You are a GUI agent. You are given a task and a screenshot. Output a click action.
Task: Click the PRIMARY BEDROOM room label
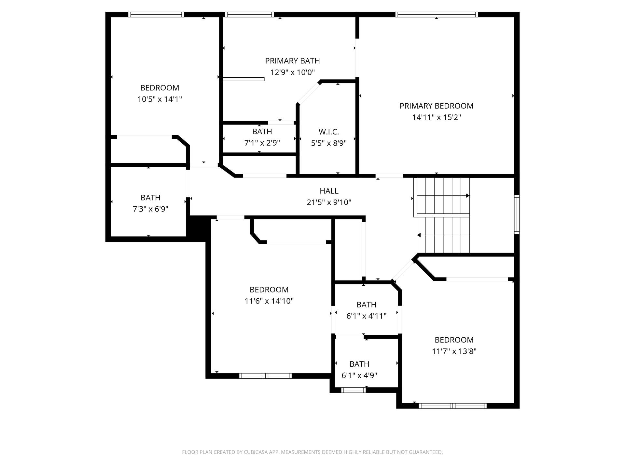click(x=436, y=106)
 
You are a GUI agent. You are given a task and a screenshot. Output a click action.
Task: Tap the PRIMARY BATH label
click(x=292, y=61)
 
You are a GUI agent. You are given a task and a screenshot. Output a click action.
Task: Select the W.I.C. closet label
click(x=329, y=132)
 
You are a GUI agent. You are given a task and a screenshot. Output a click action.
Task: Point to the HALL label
click(x=329, y=191)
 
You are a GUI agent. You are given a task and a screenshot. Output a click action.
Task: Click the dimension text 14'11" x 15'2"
click(x=436, y=117)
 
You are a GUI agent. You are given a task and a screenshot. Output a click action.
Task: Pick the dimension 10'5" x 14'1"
click(x=160, y=99)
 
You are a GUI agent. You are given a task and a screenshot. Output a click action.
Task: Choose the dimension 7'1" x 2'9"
click(x=262, y=143)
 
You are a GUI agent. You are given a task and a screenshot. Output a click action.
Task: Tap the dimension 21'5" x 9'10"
click(x=329, y=202)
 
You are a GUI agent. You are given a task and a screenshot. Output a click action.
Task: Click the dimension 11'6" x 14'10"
click(x=269, y=301)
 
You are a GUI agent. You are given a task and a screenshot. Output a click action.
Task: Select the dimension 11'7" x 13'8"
click(x=454, y=351)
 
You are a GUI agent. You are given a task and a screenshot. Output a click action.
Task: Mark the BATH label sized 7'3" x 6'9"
click(x=150, y=198)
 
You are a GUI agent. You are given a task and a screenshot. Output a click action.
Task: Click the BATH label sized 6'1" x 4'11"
click(x=366, y=305)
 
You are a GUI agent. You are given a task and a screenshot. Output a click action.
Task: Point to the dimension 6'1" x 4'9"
click(x=359, y=375)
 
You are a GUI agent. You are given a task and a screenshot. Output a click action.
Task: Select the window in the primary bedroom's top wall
click(x=437, y=14)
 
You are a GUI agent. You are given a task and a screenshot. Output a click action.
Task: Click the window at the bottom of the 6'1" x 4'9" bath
click(x=354, y=390)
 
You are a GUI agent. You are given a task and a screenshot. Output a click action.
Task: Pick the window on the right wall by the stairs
click(x=517, y=214)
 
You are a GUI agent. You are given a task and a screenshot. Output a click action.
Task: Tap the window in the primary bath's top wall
click(x=249, y=14)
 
